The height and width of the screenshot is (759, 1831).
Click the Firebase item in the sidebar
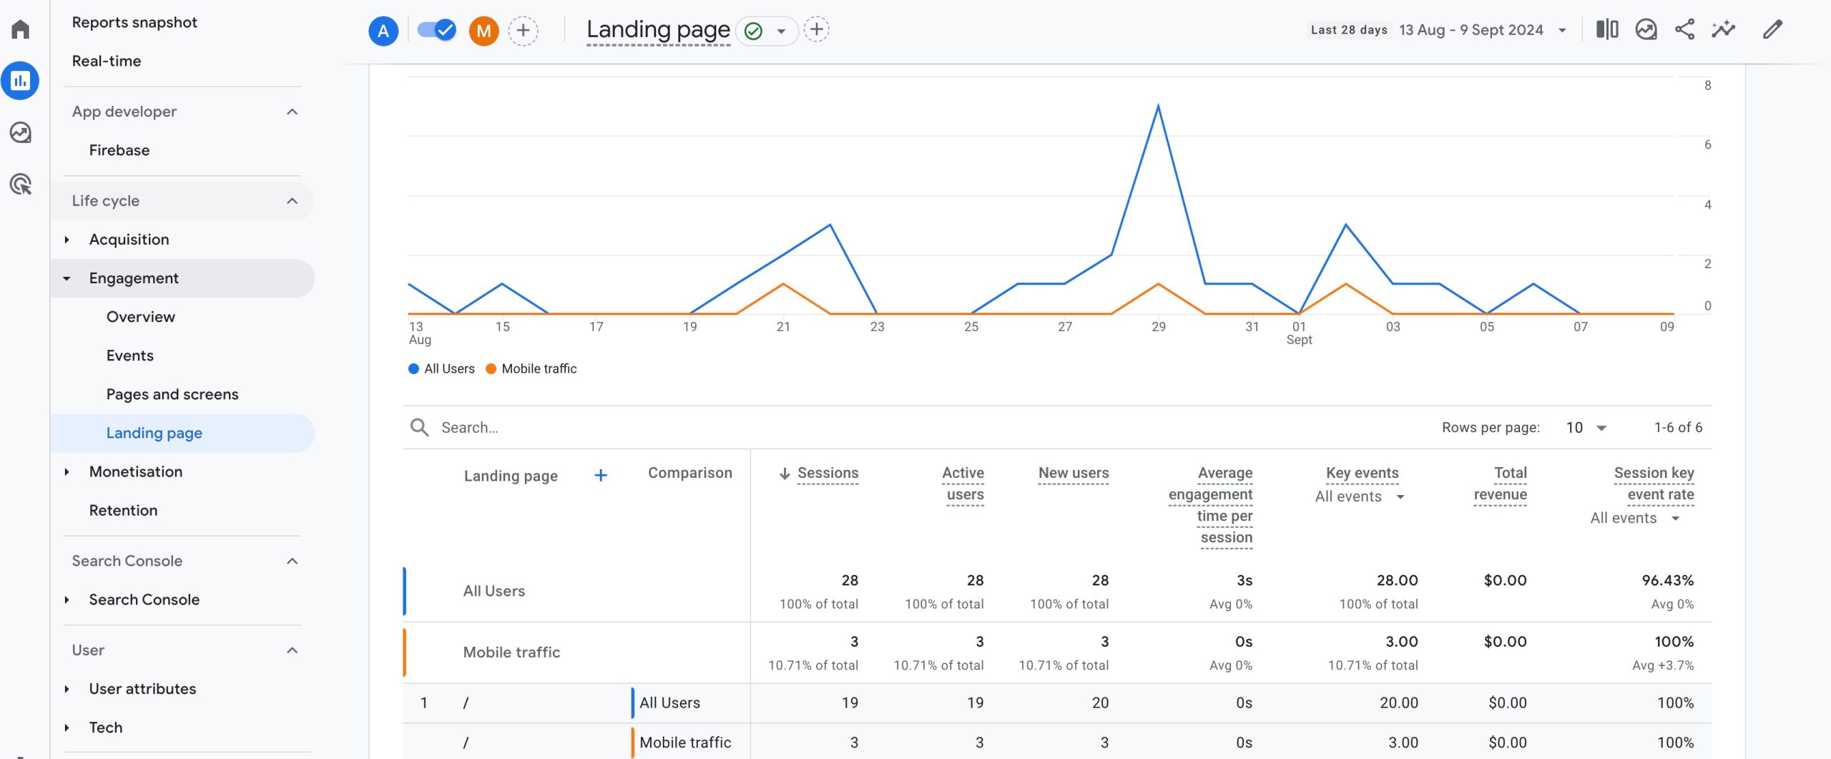[119, 150]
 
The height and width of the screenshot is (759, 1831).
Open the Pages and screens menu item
[172, 394]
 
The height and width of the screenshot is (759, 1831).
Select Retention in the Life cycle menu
[123, 510]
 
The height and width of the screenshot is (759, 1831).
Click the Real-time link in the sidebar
[106, 61]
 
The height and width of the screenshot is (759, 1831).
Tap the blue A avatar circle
[383, 31]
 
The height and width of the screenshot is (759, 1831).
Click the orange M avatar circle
[483, 31]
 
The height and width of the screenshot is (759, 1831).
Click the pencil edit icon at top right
[1772, 30]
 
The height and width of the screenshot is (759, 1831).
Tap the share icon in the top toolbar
[1684, 30]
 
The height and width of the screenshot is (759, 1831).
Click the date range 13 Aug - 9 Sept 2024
[1471, 30]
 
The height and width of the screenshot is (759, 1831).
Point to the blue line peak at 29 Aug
[1158, 107]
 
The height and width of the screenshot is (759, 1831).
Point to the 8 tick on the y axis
[1707, 86]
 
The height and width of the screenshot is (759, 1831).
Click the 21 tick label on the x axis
[783, 327]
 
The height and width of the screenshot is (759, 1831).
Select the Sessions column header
[828, 474]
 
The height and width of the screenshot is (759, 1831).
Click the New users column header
[1073, 474]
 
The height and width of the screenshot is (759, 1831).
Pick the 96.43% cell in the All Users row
[1667, 581]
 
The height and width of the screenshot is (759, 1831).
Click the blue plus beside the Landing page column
[601, 476]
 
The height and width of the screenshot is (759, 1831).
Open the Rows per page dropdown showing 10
[1586, 428]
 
